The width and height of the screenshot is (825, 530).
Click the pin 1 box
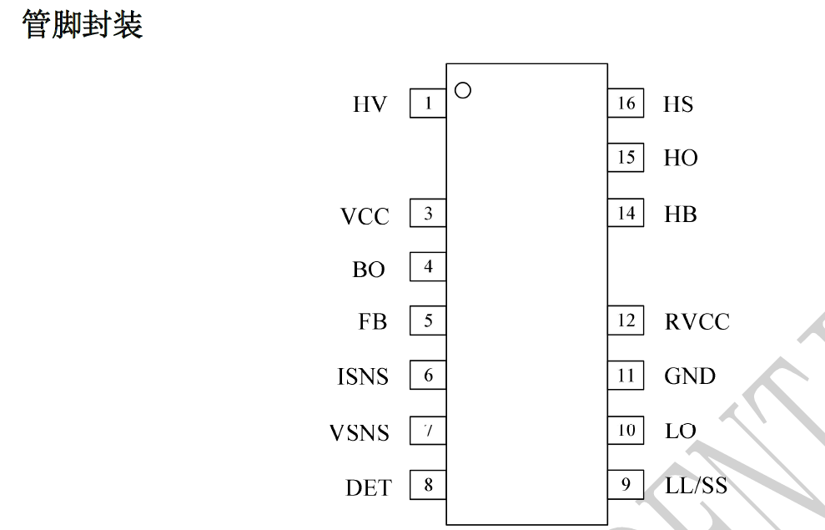click(428, 103)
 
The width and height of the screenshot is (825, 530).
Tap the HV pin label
click(370, 104)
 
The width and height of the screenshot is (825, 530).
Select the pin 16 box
click(626, 103)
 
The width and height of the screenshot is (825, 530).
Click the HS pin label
click(678, 104)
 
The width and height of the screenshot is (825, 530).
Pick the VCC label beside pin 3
click(365, 216)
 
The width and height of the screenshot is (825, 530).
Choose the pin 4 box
click(428, 267)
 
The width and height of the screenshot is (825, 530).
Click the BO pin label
click(369, 270)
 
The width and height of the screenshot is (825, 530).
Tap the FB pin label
click(373, 321)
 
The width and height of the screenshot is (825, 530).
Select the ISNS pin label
click(363, 376)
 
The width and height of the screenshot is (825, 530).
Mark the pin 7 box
click(428, 431)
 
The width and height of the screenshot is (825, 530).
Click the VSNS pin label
click(360, 433)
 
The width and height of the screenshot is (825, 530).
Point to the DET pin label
click(369, 488)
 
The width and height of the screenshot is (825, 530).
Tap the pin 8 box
click(428, 485)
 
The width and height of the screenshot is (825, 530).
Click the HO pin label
click(681, 158)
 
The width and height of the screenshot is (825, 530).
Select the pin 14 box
click(626, 213)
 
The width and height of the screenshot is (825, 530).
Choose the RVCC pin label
click(697, 322)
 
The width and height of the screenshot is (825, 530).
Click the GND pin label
click(690, 376)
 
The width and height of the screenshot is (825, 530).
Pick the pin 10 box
click(626, 431)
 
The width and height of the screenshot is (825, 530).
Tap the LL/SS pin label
click(696, 485)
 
